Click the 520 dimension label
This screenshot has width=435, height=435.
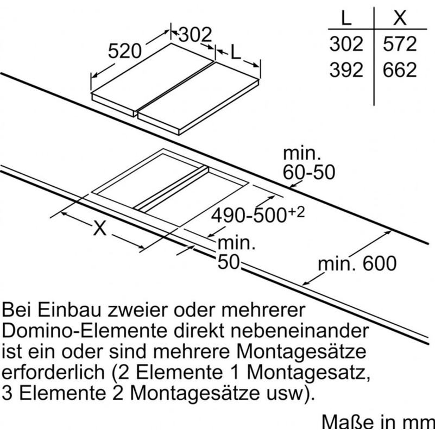[124, 52]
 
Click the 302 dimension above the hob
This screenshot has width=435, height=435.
[196, 35]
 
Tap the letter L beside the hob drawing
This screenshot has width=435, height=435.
[236, 52]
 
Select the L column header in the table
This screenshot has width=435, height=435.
[346, 18]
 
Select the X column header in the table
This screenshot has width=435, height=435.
[400, 18]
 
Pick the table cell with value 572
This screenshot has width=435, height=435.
[400, 44]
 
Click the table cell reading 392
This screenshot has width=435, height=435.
[346, 70]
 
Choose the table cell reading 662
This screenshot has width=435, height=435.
[400, 70]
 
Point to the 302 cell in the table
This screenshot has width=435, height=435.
[346, 44]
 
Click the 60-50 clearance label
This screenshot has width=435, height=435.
[309, 172]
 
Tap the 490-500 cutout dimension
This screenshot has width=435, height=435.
[258, 215]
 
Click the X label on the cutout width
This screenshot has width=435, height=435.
[100, 228]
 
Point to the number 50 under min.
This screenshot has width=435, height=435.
[228, 262]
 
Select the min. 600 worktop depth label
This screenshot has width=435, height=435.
[357, 263]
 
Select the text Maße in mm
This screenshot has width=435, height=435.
[378, 423]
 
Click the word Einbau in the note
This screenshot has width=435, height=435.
[69, 310]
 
